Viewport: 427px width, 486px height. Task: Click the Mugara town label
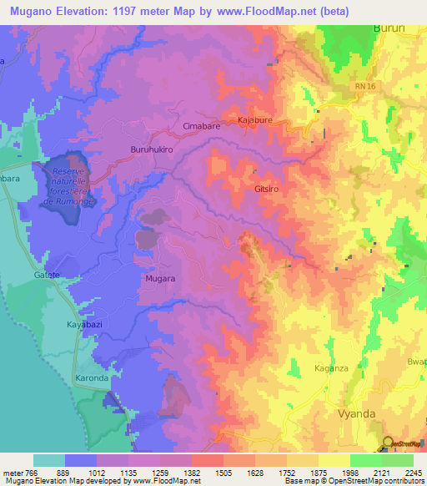click(159, 278)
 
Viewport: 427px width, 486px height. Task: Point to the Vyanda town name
click(343, 413)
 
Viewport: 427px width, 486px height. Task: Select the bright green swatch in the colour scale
click(365, 460)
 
